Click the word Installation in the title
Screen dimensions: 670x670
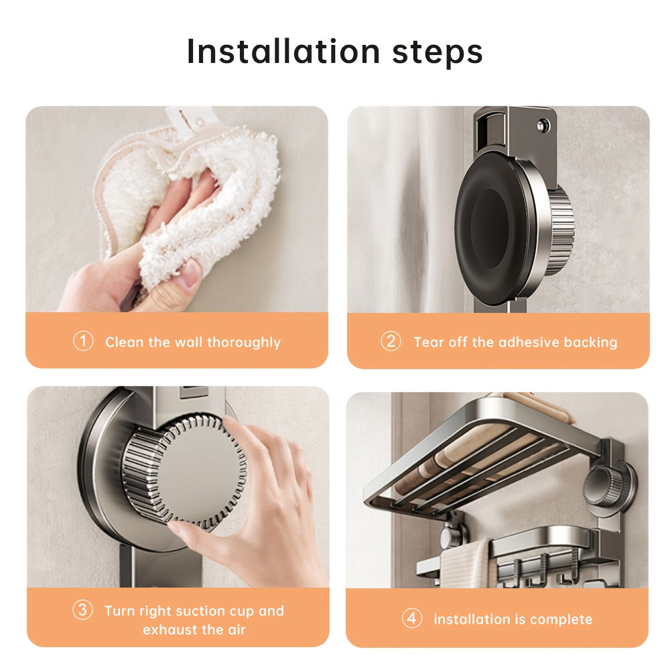[283, 52]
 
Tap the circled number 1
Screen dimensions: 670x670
[82, 341]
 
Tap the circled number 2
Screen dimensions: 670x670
[391, 341]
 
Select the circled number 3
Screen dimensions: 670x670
[82, 610]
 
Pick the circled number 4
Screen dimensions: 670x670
[412, 618]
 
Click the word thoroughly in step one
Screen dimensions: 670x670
[244, 342]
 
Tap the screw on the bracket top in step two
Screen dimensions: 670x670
[540, 125]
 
